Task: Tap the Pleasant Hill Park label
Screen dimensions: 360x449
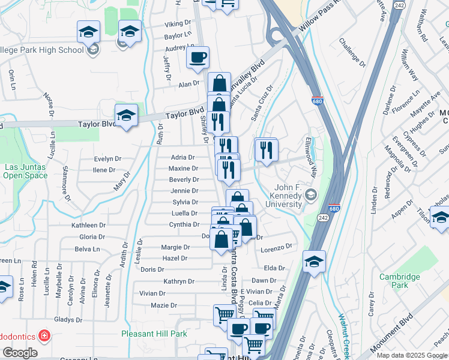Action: pyautogui.click(x=154, y=334)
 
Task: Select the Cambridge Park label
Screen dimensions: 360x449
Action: pyautogui.click(x=399, y=281)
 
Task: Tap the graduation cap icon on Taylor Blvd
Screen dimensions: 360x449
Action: pyautogui.click(x=126, y=116)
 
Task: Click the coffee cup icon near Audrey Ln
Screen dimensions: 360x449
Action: pyautogui.click(x=197, y=58)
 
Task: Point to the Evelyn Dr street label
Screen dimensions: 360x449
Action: pyautogui.click(x=108, y=159)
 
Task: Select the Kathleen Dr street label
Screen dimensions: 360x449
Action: pyautogui.click(x=88, y=226)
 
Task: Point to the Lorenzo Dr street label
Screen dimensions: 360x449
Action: pyautogui.click(x=277, y=247)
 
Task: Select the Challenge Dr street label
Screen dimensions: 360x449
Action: pyautogui.click(x=352, y=52)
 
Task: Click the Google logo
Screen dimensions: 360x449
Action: pyautogui.click(x=20, y=353)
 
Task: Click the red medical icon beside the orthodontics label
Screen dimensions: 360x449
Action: pyautogui.click(x=44, y=335)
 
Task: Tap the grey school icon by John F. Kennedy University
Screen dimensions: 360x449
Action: pyautogui.click(x=310, y=194)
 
